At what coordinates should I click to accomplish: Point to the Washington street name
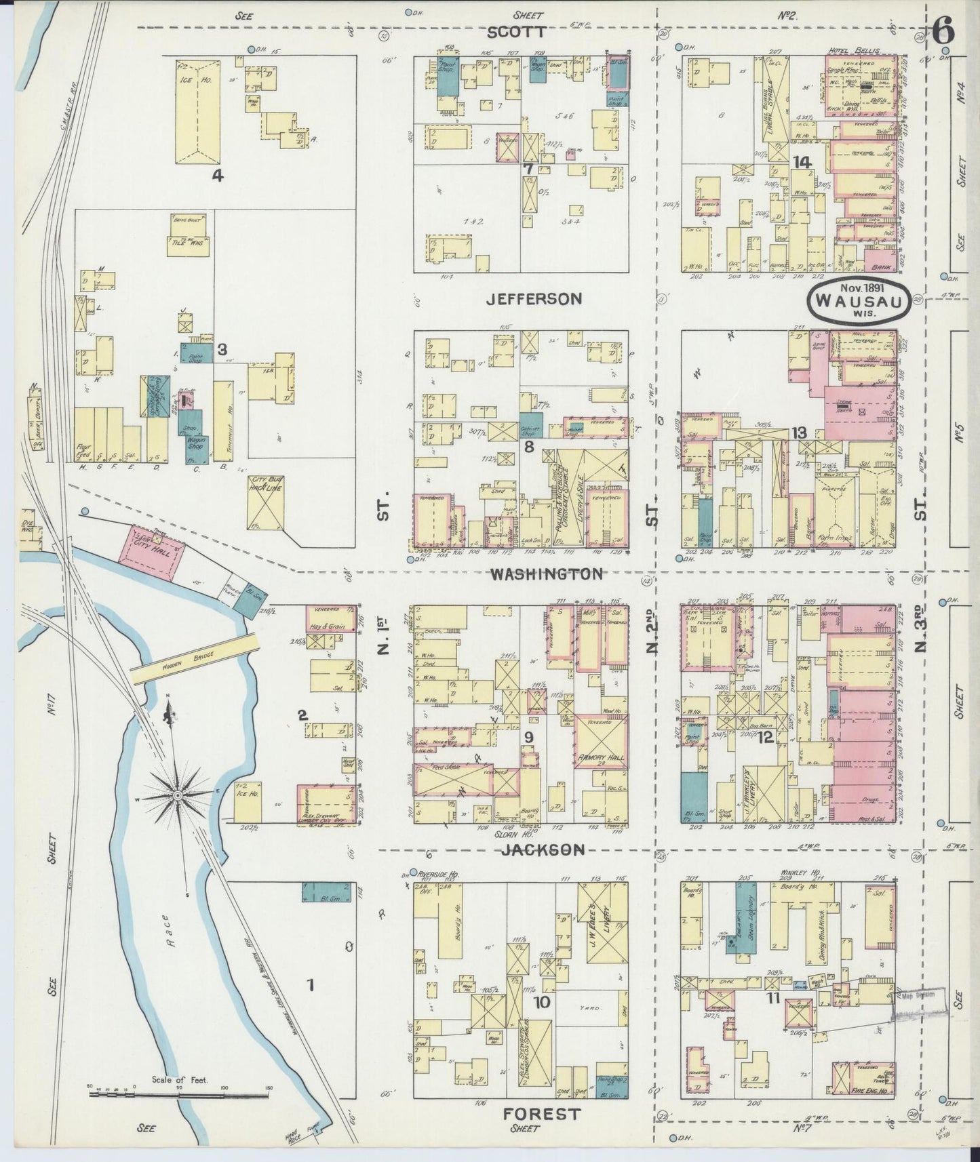[547, 574]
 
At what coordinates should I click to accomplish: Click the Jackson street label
[543, 850]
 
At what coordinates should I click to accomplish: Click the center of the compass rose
[178, 795]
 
